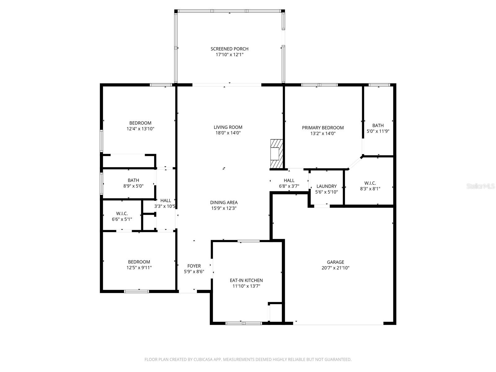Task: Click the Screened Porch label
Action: [x=229, y=49]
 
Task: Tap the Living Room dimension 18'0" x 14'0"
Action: [x=228, y=133]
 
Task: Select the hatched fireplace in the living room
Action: [x=276, y=154]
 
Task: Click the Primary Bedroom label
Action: [x=323, y=128]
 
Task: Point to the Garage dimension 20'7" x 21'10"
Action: [x=335, y=268]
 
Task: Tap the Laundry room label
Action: [x=326, y=186]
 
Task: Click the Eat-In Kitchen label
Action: [x=246, y=280]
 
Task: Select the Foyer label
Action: [x=194, y=266]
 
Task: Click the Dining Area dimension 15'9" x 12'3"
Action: [x=224, y=208]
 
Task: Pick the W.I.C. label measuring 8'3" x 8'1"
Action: [x=370, y=183]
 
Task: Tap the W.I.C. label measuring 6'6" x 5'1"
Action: [x=122, y=214]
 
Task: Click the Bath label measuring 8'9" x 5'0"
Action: [x=133, y=180]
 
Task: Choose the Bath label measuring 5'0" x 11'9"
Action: [x=378, y=125]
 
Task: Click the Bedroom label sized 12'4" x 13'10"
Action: [x=140, y=123]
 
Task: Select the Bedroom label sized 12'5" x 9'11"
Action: [x=139, y=262]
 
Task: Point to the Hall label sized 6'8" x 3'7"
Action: [x=289, y=180]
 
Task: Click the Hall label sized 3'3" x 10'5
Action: [x=166, y=201]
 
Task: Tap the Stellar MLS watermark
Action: [x=480, y=186]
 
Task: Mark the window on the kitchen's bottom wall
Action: [x=244, y=323]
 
